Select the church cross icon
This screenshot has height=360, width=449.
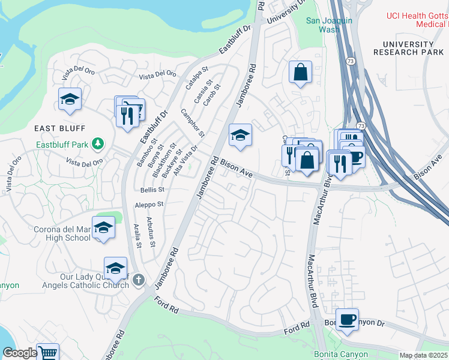tap(139, 280)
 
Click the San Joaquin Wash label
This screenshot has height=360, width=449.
tap(329, 25)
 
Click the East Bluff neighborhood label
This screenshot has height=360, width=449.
tap(60, 128)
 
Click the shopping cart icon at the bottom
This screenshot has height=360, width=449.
tap(47, 353)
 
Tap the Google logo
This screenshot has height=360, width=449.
tap(20, 353)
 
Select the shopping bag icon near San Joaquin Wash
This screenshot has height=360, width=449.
tap(300, 73)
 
